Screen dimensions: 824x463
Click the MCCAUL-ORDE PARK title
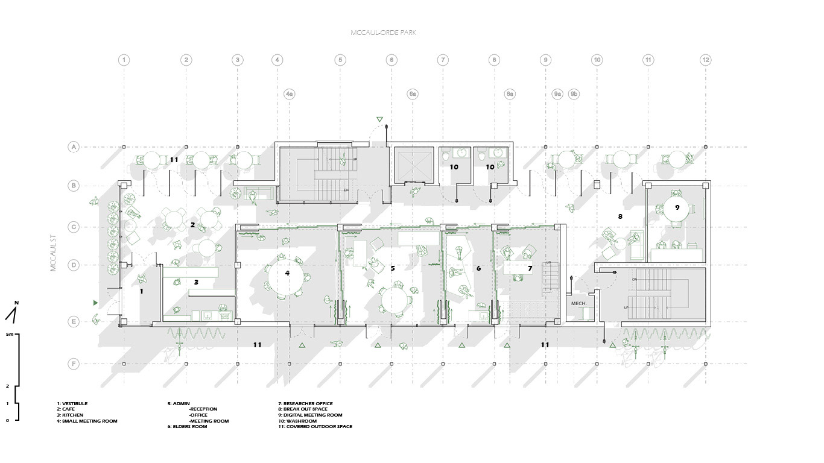tap(383, 33)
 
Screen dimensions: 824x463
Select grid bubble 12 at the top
tap(705, 60)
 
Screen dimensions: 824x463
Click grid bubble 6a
tap(413, 94)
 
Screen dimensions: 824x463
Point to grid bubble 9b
tap(574, 94)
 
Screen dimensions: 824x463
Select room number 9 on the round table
tap(677, 207)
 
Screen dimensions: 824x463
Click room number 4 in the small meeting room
tap(287, 272)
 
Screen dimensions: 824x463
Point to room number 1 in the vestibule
tap(141, 291)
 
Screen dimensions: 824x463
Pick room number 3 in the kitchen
tap(196, 282)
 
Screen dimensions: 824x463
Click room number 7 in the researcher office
tap(530, 268)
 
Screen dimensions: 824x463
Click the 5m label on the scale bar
tap(9, 333)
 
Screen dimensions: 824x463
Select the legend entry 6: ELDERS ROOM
tap(187, 427)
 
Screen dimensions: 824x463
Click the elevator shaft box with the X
tap(411, 163)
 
